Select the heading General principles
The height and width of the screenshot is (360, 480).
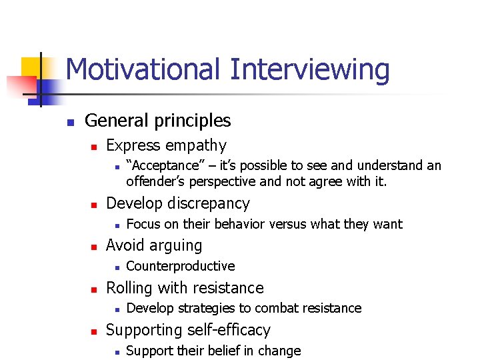157,121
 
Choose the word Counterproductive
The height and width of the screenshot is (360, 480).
180,266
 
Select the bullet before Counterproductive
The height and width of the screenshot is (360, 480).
115,267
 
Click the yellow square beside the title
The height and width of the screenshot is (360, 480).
31,67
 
